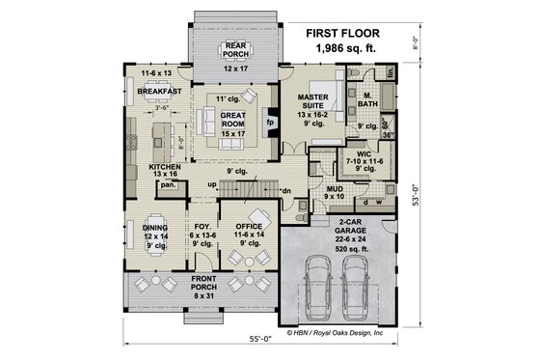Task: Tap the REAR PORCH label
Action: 236,50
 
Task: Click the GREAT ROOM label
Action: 236,118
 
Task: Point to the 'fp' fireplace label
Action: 270,124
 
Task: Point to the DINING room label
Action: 155,227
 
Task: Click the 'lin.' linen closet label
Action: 391,72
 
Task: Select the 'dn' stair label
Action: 286,191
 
